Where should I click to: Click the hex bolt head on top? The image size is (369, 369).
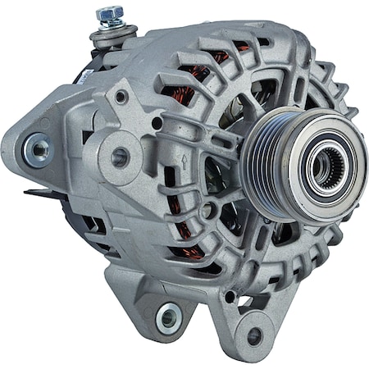click(x=109, y=14)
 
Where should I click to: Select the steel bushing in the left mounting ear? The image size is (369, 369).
click(x=37, y=149)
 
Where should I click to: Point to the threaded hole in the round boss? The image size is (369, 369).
click(x=120, y=157)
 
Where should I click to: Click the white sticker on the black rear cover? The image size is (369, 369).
click(x=82, y=71)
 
